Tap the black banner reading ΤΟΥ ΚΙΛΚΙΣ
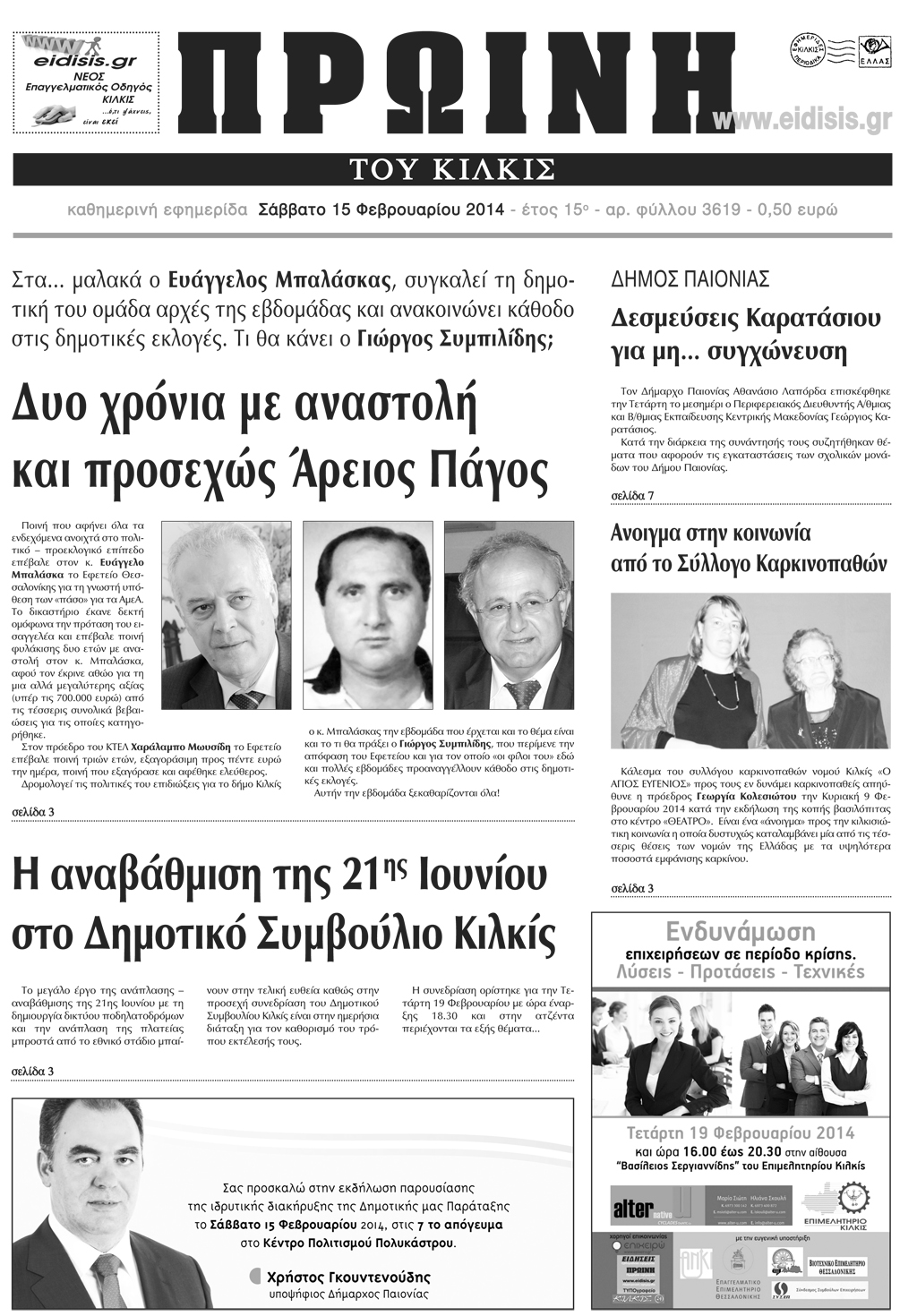[x=452, y=168]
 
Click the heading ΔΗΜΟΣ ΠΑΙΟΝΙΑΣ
[x=690, y=278]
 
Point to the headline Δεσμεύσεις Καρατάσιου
[x=745, y=318]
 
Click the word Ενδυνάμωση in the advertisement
[x=740, y=929]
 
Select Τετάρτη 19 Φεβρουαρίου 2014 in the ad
[x=740, y=1132]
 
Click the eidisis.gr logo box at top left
[x=87, y=81]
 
